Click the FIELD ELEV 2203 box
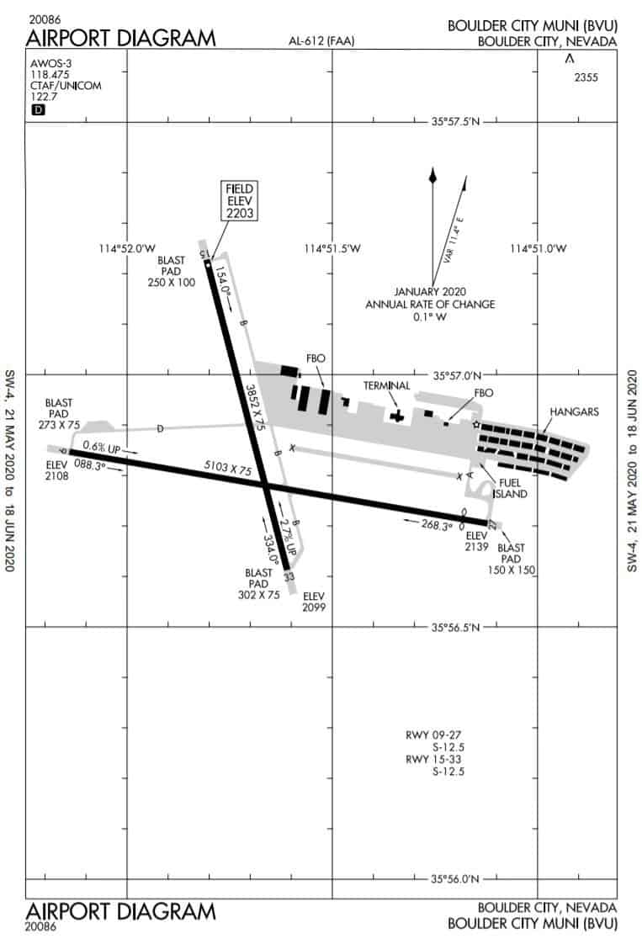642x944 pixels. tap(239, 200)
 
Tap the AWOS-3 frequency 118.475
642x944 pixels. tap(50, 75)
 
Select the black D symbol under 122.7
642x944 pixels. tap(38, 109)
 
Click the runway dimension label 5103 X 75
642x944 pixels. tap(228, 467)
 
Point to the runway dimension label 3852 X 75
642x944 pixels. tap(256, 407)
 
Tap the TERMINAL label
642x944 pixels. tap(386, 385)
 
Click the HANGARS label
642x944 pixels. tap(574, 411)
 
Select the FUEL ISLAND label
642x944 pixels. tap(510, 488)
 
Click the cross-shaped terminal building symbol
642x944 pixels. tap(396, 416)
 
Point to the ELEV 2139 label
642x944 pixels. tap(476, 541)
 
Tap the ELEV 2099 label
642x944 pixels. tap(314, 602)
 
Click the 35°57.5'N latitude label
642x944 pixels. tap(455, 121)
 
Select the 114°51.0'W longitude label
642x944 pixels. tap(538, 248)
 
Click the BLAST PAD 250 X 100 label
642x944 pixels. tap(172, 271)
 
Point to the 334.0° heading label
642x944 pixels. tap(270, 549)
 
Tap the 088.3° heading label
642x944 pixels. tap(90, 464)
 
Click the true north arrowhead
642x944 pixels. tap(432, 175)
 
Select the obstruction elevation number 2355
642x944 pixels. tap(586, 77)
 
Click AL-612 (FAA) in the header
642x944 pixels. tap(321, 41)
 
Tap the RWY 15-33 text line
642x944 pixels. tap(433, 759)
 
